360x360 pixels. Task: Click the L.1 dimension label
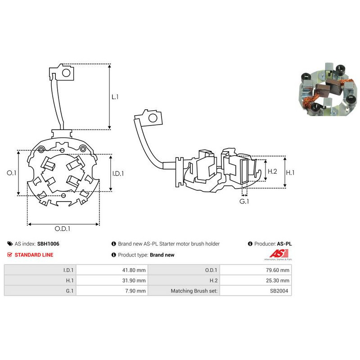115,97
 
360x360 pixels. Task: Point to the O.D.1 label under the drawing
63,229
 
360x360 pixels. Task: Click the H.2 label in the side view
272,171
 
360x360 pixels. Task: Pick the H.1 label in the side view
291,172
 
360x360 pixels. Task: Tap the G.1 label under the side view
244,202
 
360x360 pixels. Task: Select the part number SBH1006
48,244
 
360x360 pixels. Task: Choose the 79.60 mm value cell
256,270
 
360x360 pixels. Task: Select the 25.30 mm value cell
256,280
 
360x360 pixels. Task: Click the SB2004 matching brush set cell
256,291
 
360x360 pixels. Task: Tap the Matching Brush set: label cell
184,291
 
